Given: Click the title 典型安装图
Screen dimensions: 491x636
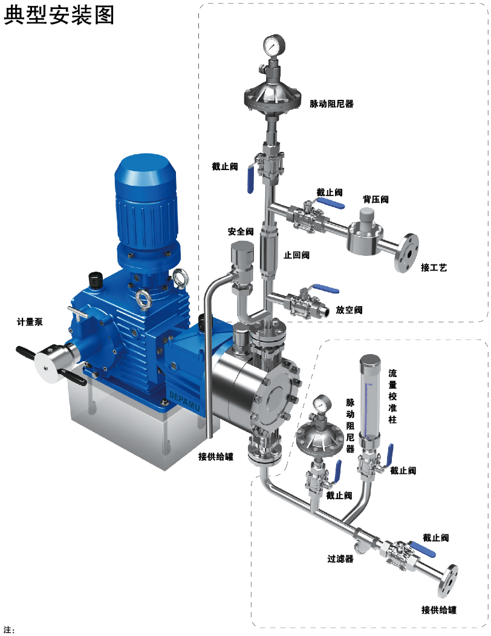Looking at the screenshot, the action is tap(59, 15).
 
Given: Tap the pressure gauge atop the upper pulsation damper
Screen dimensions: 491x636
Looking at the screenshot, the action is tap(274, 46).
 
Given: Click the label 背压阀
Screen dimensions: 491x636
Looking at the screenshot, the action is tap(376, 199).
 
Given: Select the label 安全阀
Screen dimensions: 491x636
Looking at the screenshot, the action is tap(241, 231).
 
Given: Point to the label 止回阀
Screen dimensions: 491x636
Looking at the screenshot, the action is tap(296, 255).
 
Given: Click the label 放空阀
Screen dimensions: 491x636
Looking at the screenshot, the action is tap(349, 310).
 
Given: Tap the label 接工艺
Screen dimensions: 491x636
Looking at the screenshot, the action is tap(434, 267).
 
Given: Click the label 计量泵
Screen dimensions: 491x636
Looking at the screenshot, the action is tap(30, 322).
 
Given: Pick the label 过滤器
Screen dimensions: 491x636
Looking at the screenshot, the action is tap(340, 559).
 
